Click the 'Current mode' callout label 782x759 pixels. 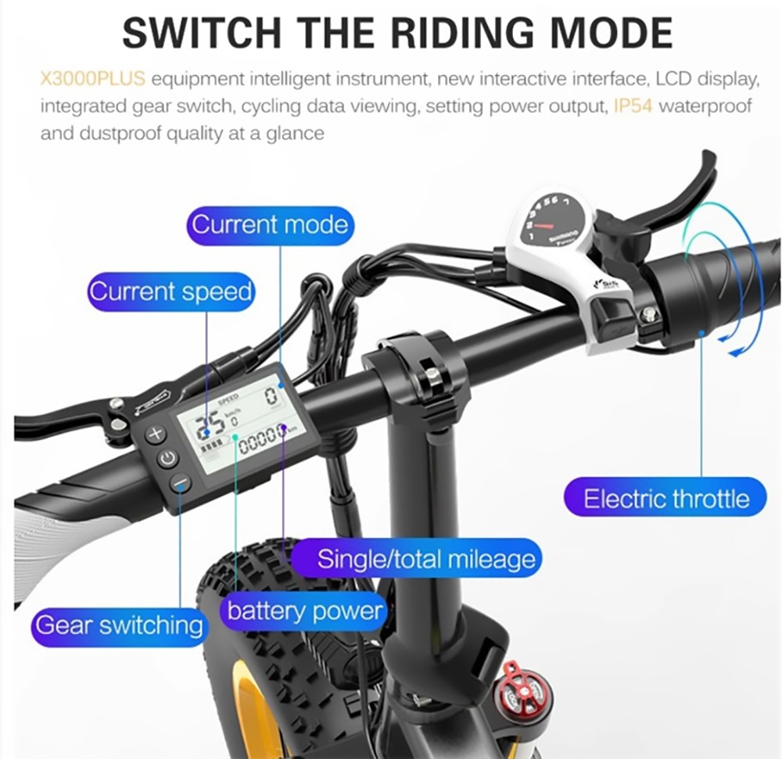(270, 225)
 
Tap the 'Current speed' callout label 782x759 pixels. (170, 292)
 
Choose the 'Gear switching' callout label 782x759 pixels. (118, 625)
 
